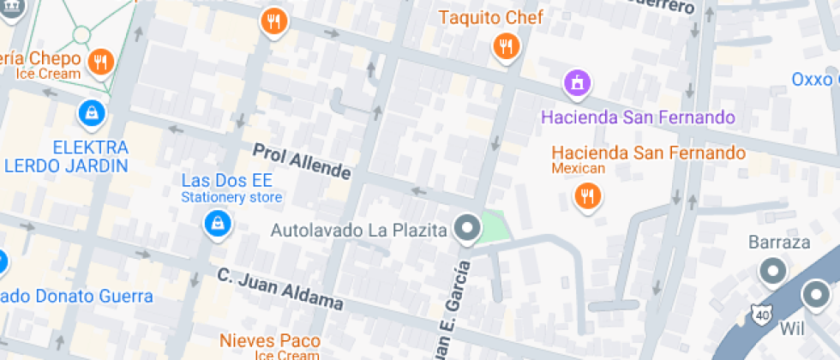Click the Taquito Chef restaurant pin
[x=507, y=46]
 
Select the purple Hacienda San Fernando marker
[x=579, y=84]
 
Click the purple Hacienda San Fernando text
[x=637, y=117]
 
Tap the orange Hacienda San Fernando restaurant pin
[x=587, y=196]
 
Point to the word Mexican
[x=578, y=169]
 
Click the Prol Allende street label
[x=302, y=161]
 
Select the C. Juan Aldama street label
[x=279, y=290]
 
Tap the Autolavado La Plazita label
[x=359, y=230]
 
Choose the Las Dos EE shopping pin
[x=218, y=225]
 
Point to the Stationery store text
[x=231, y=198]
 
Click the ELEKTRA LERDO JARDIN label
[x=67, y=156]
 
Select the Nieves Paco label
[x=270, y=340]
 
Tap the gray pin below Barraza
[x=774, y=272]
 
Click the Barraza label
[x=778, y=242]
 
